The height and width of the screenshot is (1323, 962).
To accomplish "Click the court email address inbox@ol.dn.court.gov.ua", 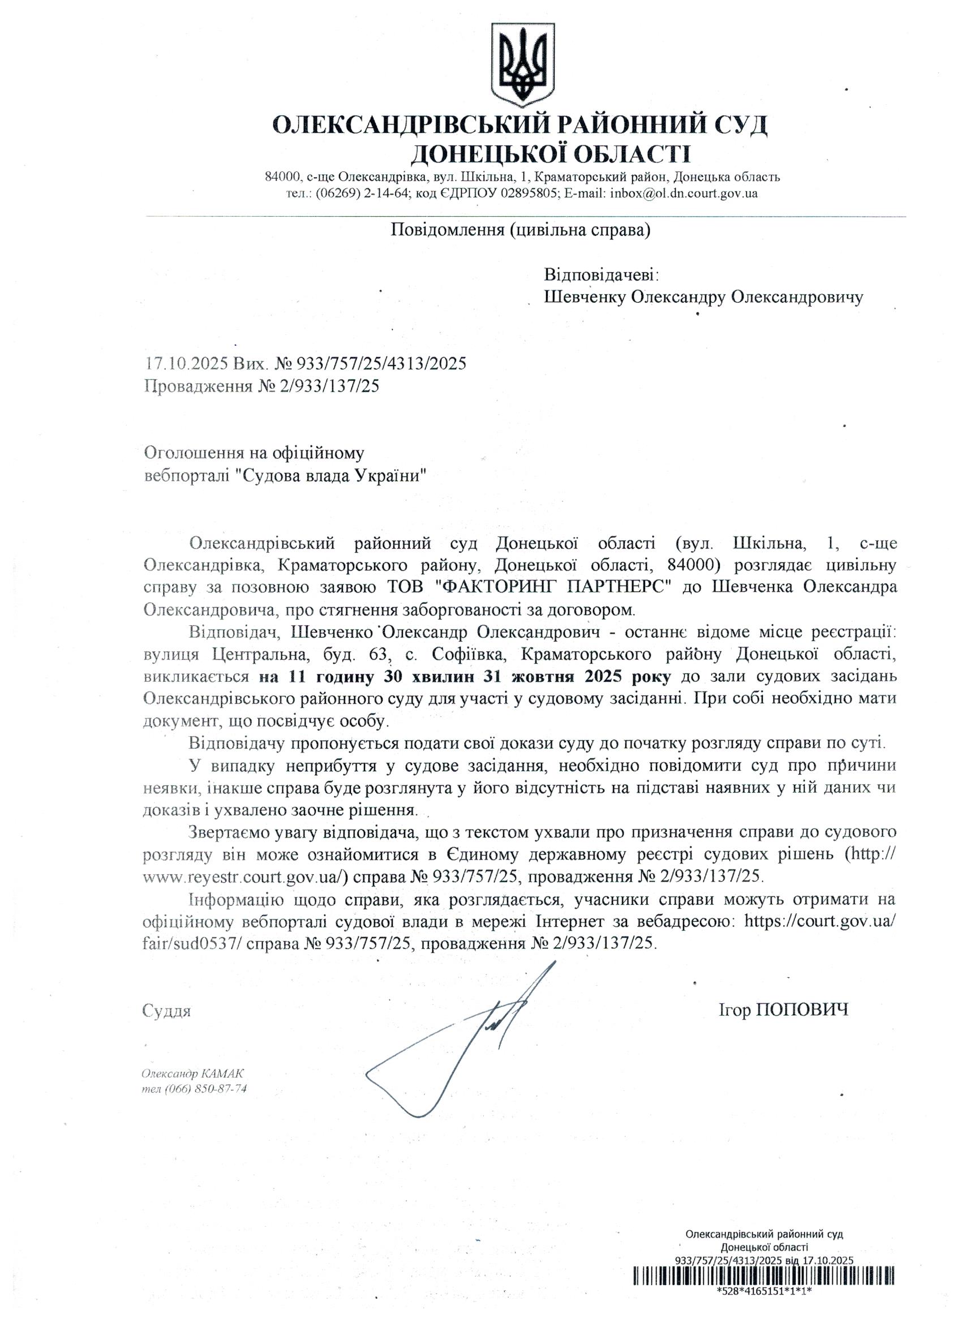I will [x=684, y=194].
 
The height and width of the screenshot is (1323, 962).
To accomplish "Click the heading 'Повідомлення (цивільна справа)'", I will [x=520, y=230].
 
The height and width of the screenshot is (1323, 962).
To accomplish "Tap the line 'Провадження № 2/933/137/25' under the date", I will [x=262, y=386].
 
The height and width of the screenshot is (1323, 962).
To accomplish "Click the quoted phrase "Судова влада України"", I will [x=332, y=475].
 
